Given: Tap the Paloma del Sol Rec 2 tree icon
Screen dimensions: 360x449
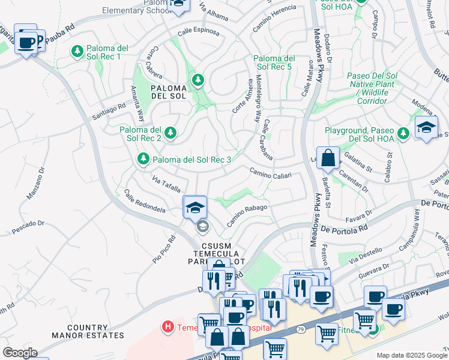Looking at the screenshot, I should coord(170,133).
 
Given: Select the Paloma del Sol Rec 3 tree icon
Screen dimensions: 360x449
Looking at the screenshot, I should coord(143,158).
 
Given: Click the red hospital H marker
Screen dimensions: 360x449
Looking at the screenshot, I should coord(168,327).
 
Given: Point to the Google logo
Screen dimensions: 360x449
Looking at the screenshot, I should coord(20,353).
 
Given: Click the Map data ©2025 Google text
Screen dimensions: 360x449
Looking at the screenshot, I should coord(412,355).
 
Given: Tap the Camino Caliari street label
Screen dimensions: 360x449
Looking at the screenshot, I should coord(271,173).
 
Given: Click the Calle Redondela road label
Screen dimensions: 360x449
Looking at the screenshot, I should coord(145,202).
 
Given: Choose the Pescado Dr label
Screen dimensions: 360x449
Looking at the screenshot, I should coord(29,227).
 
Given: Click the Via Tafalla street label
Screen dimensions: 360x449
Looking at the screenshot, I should coord(166,183).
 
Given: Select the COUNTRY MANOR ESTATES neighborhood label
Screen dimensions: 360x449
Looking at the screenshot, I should coord(88,331).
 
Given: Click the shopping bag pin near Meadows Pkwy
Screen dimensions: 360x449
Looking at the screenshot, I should coord(328,159).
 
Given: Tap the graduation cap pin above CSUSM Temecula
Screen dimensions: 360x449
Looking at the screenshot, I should coord(195,208).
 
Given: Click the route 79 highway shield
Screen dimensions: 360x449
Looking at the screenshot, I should coord(301,329).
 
